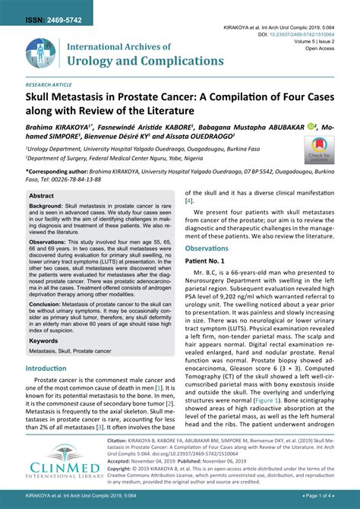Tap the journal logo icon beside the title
(43, 52)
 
